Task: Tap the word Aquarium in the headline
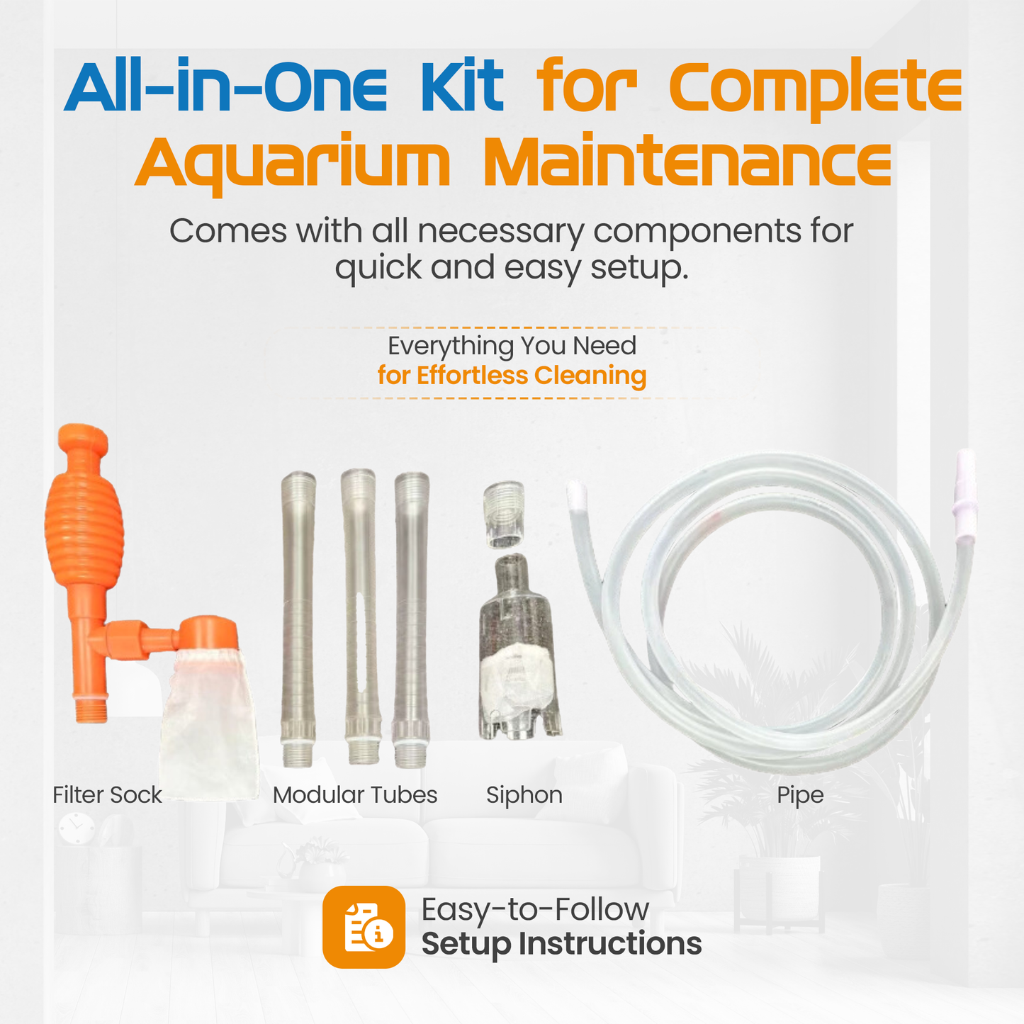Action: (x=292, y=162)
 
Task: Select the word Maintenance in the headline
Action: (x=687, y=162)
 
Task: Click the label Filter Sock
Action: (x=107, y=795)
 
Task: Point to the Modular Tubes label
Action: (x=354, y=795)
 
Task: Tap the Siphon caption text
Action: (x=524, y=795)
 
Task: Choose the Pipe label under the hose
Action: (x=800, y=795)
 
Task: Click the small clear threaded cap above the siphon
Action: (x=504, y=514)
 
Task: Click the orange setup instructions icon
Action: (x=364, y=927)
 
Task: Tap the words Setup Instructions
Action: (x=561, y=945)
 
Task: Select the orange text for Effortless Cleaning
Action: (x=512, y=376)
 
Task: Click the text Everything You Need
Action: (x=512, y=346)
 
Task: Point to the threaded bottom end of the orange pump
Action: (x=91, y=709)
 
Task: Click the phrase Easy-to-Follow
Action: (x=535, y=909)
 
